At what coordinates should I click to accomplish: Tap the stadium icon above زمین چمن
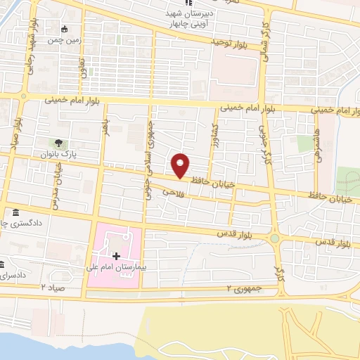click(65, 30)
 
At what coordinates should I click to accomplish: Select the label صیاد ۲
click(53, 289)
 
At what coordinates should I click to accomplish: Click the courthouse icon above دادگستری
click(15, 213)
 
